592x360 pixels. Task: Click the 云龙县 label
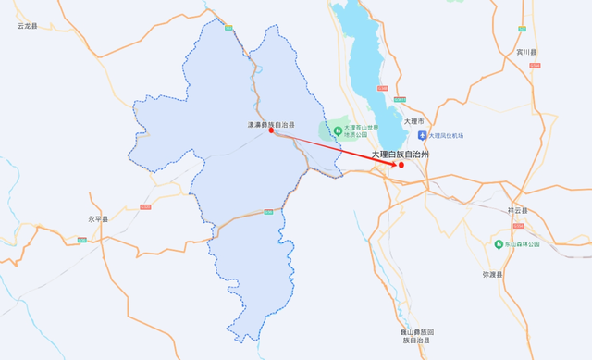28,26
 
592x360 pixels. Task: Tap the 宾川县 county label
527,53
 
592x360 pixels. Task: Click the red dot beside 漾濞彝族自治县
271,130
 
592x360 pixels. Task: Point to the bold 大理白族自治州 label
401,155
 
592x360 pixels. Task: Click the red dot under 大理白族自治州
401,165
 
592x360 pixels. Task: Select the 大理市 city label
413,121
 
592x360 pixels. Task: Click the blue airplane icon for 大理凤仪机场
422,135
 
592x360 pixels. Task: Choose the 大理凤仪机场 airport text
447,136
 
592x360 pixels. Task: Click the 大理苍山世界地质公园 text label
362,130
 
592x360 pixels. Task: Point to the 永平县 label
98,219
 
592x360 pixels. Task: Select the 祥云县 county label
517,211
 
